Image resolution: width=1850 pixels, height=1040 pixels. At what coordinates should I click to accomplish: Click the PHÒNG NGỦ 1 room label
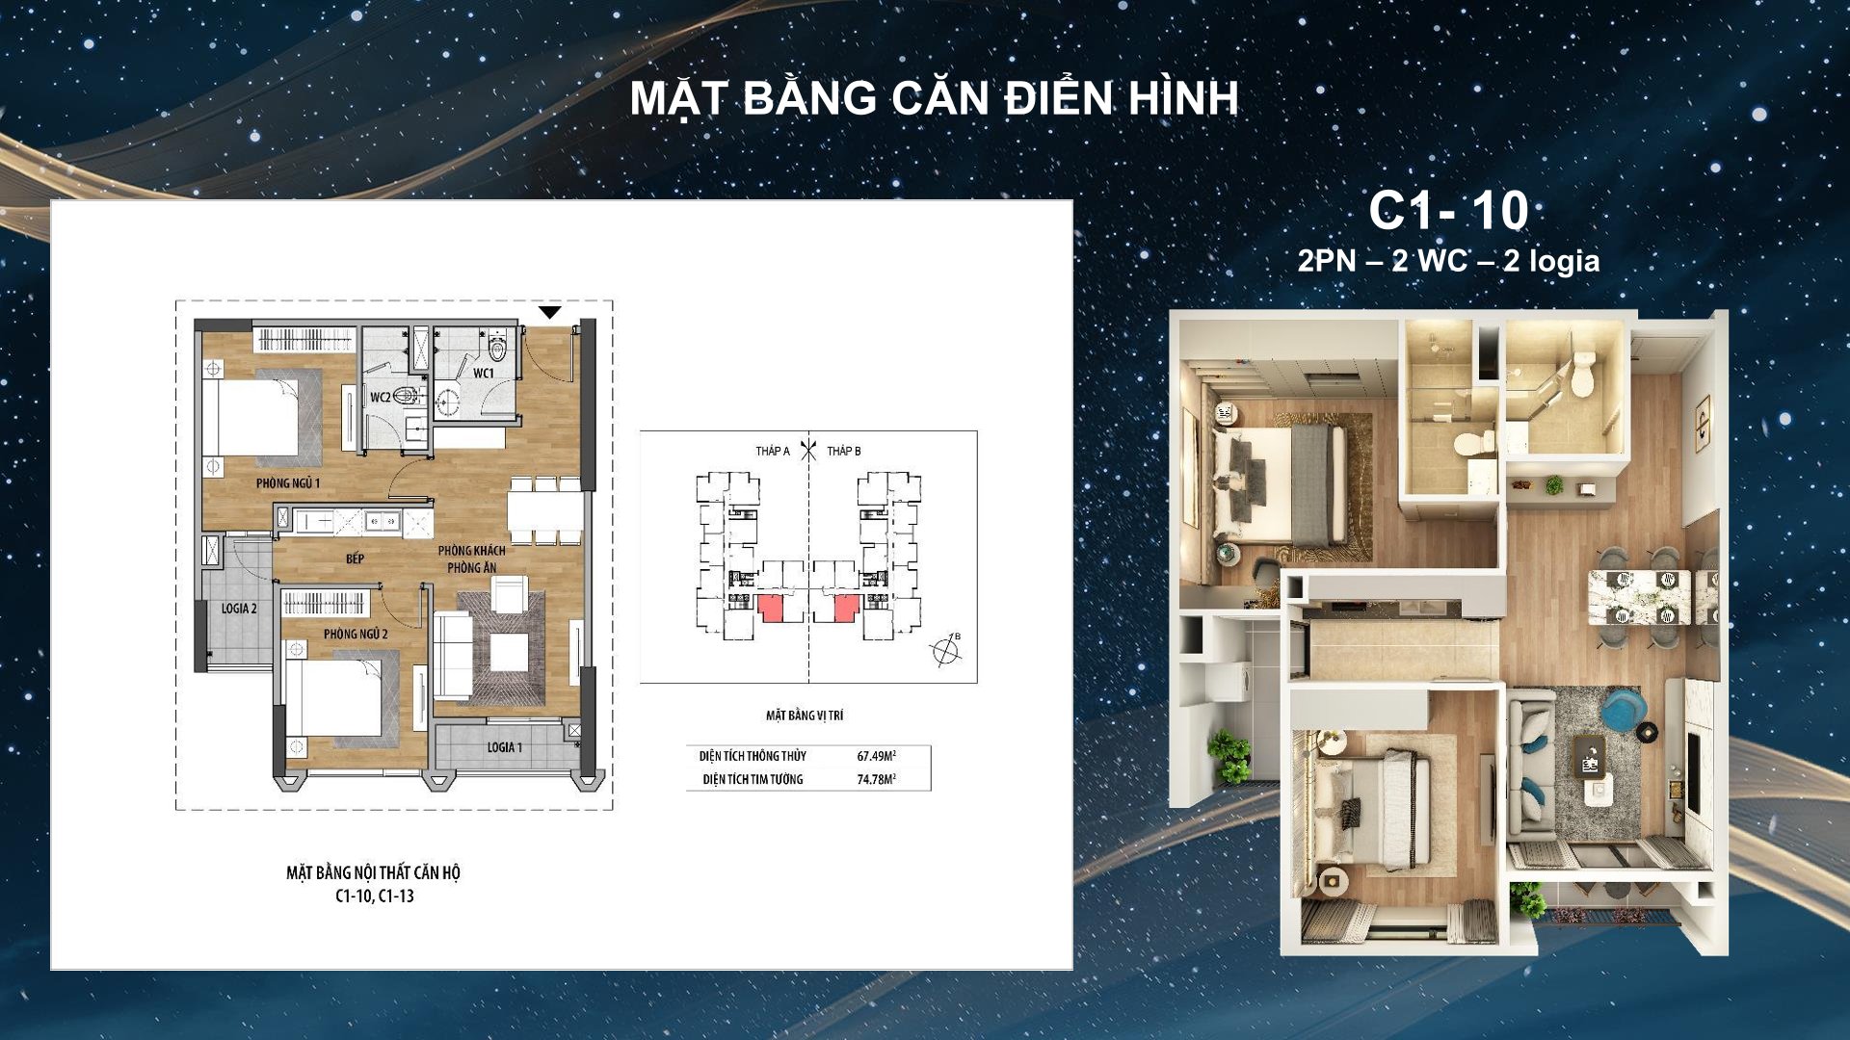[288, 483]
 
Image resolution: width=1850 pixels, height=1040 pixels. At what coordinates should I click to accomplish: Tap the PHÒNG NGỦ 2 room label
[356, 634]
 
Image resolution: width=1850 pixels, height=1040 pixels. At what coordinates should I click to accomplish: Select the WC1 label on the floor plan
[483, 374]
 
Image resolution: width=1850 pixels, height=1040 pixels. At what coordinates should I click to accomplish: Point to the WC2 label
[381, 397]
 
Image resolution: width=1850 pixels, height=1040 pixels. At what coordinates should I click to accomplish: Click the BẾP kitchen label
[355, 559]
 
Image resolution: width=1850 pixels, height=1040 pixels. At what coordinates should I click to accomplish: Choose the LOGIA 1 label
[504, 747]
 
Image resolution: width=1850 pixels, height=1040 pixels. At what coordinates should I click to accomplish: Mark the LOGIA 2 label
[239, 609]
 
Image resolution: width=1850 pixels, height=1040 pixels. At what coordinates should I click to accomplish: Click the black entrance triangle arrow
[549, 312]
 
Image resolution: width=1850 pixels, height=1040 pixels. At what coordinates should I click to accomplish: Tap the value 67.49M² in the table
[877, 756]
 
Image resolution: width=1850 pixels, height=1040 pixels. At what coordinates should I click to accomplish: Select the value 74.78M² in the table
[877, 779]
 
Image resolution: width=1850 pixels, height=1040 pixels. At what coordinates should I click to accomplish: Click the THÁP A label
[773, 451]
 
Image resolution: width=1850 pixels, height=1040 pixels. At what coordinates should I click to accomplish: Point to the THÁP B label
[844, 451]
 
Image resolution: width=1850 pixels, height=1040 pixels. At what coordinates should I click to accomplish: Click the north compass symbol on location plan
[947, 651]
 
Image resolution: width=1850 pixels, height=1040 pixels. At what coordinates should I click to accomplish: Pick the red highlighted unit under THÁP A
[771, 609]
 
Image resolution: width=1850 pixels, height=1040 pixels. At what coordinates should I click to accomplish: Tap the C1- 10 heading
[1448, 211]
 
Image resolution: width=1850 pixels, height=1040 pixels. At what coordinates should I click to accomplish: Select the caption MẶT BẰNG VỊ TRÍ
[805, 715]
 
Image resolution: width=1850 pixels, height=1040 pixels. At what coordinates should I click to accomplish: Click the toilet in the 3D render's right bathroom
[1583, 376]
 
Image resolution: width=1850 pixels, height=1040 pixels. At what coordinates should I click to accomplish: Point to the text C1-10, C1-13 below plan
[375, 896]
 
